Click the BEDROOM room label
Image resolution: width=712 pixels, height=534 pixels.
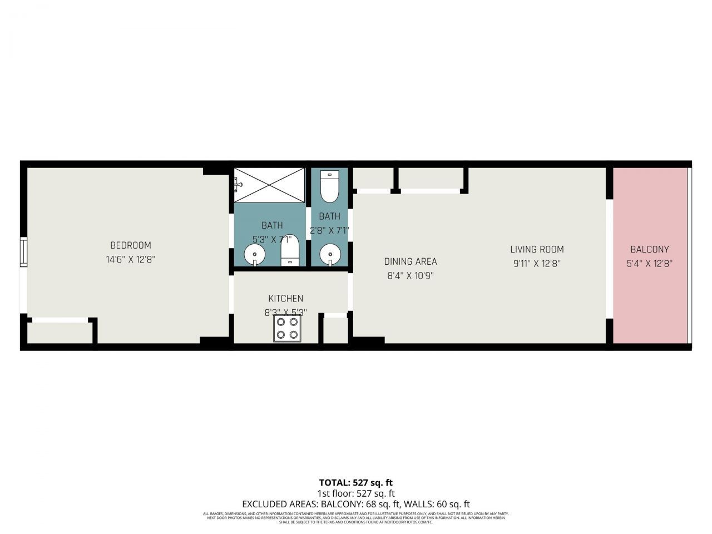[131, 245]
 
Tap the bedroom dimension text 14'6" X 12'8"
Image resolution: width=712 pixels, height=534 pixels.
[131, 259]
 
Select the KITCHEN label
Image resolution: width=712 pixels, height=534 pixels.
[286, 299]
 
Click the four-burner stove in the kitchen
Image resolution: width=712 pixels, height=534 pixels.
[288, 328]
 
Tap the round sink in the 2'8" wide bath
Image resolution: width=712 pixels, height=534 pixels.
[330, 255]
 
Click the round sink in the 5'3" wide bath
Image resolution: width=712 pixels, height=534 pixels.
[255, 255]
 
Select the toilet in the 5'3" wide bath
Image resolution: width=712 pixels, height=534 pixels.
[290, 251]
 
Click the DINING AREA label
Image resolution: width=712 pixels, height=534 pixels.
[411, 261]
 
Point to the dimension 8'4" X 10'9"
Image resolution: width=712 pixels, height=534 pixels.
[411, 275]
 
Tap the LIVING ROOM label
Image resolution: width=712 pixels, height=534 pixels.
[537, 249]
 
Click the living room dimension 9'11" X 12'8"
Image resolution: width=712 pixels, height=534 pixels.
[537, 264]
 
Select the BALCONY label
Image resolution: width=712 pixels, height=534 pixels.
[650, 249]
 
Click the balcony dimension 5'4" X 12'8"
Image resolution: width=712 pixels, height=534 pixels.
[650, 264]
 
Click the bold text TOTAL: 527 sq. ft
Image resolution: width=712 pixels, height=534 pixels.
[356, 482]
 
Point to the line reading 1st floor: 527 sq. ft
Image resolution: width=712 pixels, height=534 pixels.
[356, 493]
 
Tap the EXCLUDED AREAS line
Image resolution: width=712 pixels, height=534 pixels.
[356, 505]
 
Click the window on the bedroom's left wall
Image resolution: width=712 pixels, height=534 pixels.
[23, 252]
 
